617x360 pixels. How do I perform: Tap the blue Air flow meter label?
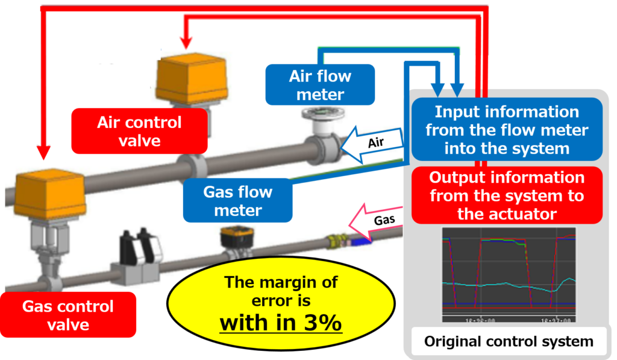tap(320, 85)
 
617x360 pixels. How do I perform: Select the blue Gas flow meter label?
tap(237, 201)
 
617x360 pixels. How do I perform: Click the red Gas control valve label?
tap(67, 315)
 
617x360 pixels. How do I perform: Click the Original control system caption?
tap(509, 341)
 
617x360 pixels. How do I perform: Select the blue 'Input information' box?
tap(506, 130)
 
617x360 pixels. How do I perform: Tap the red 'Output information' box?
tap(506, 195)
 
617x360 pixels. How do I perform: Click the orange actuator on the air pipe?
tap(192, 78)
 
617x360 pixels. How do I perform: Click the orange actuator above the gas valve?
tap(48, 194)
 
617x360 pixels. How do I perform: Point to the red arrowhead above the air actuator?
tap(186, 42)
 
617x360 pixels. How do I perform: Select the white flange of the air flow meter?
tap(319, 115)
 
